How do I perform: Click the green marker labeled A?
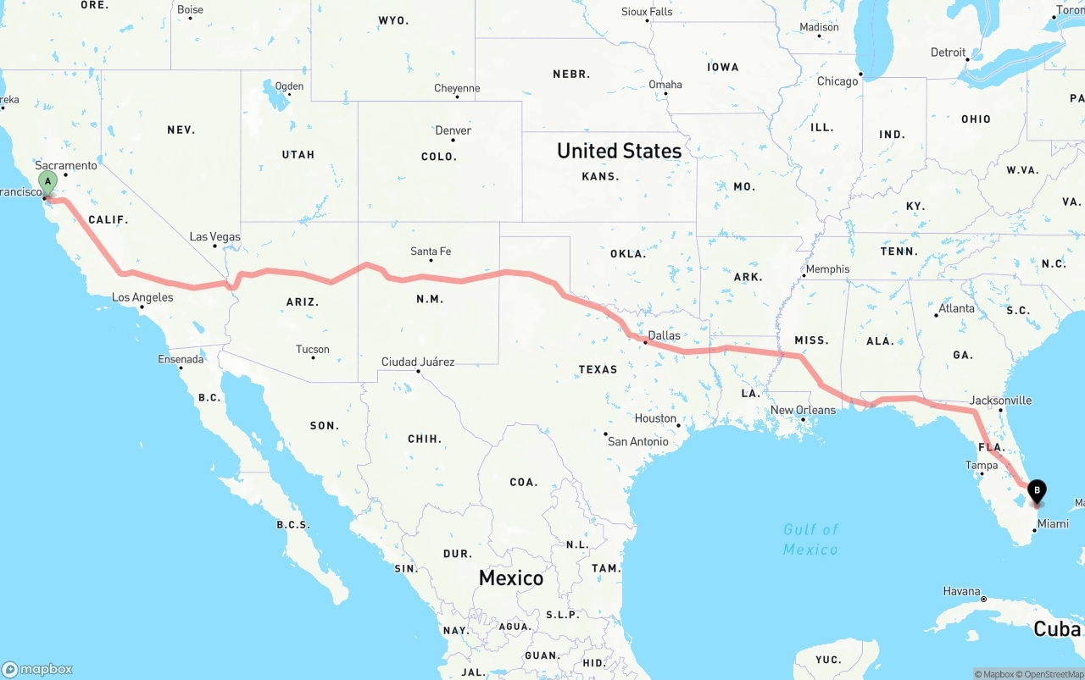[48, 180]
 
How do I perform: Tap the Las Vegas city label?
[214, 237]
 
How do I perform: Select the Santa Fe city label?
[431, 252]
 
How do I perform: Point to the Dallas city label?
[664, 335]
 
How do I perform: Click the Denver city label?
[453, 130]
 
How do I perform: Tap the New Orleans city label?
[803, 410]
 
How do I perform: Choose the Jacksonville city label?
[1001, 400]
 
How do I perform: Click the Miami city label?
[1054, 524]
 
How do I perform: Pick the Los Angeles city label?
[142, 297]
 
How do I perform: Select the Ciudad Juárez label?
[418, 362]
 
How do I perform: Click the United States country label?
[619, 151]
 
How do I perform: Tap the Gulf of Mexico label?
[810, 539]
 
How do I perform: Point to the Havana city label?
[962, 591]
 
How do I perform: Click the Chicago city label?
[837, 81]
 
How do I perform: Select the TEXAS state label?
[598, 369]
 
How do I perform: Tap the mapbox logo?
[37, 669]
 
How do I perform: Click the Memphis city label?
[827, 269]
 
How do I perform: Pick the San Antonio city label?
[638, 441]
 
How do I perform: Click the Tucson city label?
[313, 349]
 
